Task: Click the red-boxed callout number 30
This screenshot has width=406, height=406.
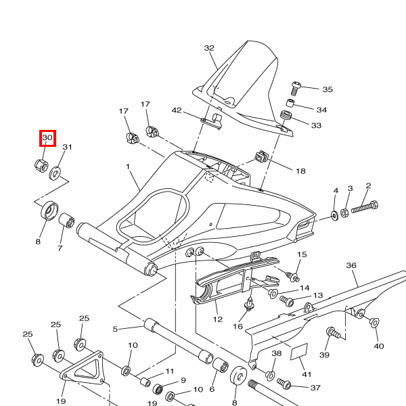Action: (x=47, y=139)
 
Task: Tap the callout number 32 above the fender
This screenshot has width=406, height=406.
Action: (x=209, y=48)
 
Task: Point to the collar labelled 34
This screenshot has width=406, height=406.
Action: (x=290, y=104)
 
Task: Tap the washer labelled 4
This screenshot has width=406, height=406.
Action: (x=335, y=216)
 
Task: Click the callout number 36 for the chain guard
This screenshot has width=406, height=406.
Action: (x=351, y=266)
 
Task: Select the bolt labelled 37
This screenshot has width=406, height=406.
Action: (x=284, y=384)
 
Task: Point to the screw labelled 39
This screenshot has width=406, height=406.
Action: (x=332, y=333)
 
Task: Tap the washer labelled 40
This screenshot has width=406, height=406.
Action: (x=374, y=323)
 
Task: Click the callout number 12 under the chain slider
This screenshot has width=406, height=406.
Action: (x=217, y=319)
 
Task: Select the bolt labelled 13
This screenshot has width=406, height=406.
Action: (x=286, y=300)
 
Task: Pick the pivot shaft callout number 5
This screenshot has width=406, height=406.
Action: (x=115, y=330)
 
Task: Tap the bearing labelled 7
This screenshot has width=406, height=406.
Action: (x=68, y=221)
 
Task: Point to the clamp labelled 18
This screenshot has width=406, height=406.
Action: (x=261, y=158)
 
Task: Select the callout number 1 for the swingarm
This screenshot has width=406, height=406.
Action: (x=127, y=166)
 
